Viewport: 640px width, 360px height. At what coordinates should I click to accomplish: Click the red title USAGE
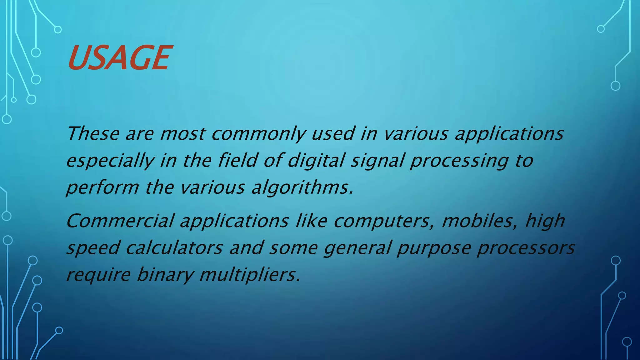point(119,57)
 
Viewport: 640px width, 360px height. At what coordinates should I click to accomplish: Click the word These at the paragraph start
point(93,134)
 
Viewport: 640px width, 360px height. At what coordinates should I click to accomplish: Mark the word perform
point(102,188)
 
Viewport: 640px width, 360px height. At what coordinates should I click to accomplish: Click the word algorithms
point(302,188)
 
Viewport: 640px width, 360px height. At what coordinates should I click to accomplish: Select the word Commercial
point(120,221)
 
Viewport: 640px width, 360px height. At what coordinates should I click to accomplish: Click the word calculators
point(174,248)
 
